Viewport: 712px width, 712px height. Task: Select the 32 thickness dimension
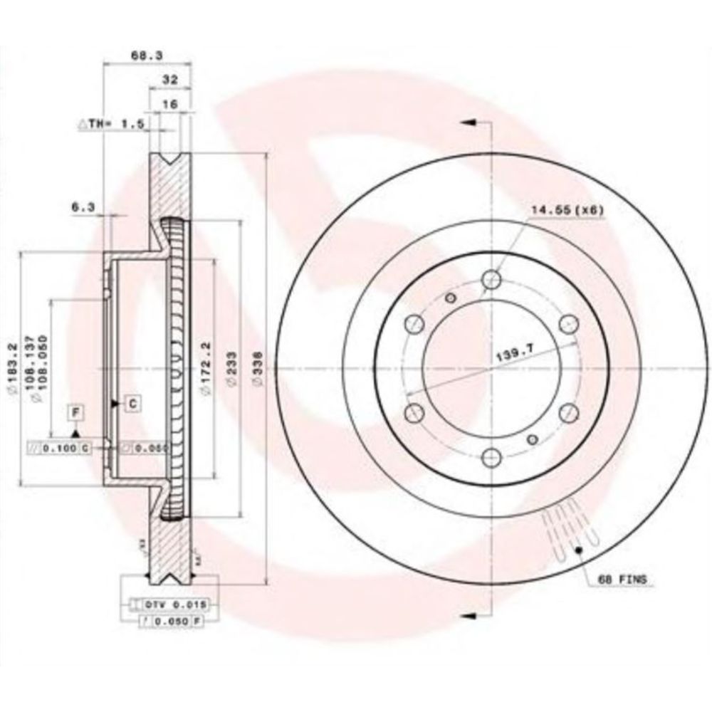(x=169, y=79)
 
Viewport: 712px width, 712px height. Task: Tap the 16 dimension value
(x=169, y=104)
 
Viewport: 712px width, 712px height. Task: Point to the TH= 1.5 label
(x=115, y=124)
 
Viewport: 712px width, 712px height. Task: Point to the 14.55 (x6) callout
(x=567, y=211)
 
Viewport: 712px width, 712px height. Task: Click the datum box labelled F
(x=75, y=411)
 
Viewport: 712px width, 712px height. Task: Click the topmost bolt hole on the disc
(x=491, y=280)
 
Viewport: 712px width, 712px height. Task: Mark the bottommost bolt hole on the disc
(x=491, y=455)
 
